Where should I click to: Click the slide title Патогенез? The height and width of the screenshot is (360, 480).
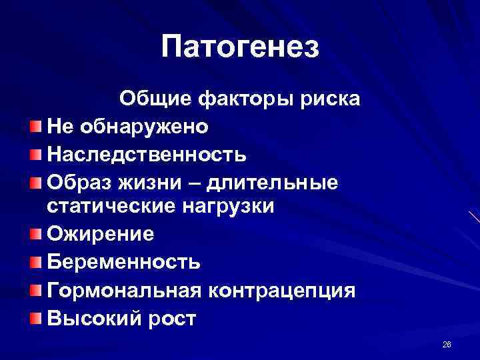coord(240,47)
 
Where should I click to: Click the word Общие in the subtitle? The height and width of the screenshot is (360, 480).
coord(155,99)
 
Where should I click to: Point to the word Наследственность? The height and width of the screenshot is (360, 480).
coord(147,154)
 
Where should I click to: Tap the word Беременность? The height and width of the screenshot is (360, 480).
coord(123,262)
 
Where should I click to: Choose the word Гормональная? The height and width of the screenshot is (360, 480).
coord(124,290)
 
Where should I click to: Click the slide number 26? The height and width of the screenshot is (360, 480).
coord(446,344)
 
